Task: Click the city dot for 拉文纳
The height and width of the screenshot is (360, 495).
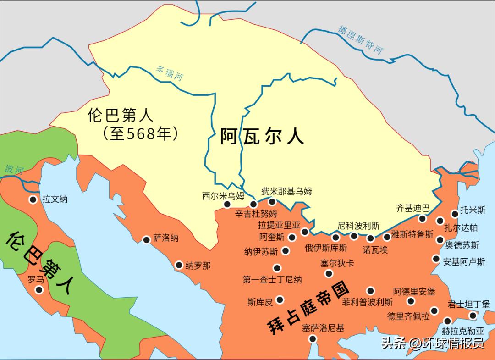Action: (33, 199)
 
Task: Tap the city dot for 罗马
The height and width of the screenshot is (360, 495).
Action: (39, 290)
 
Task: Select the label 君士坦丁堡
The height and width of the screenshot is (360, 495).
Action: (468, 304)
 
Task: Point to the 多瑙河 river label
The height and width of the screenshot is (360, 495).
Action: (168, 73)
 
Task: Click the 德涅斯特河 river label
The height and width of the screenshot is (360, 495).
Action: (361, 39)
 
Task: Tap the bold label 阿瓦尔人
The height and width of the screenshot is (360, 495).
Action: (262, 136)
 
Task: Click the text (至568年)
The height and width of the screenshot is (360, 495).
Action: (140, 133)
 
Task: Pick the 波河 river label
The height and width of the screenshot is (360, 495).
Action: (14, 169)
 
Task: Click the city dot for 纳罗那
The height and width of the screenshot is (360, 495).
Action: (179, 265)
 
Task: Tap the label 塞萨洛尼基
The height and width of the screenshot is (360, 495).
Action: (323, 328)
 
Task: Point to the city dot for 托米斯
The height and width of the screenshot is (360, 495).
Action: (455, 213)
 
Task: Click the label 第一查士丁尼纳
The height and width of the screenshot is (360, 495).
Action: (272, 280)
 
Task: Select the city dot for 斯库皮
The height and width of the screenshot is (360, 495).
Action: (280, 300)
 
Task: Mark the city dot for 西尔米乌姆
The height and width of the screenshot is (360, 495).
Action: (227, 205)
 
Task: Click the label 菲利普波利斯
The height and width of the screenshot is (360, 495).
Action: (367, 302)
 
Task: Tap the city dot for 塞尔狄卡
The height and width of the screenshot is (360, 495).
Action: (329, 274)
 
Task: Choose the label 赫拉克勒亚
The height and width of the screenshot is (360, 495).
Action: (462, 331)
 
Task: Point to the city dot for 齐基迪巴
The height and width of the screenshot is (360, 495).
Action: (422, 219)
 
